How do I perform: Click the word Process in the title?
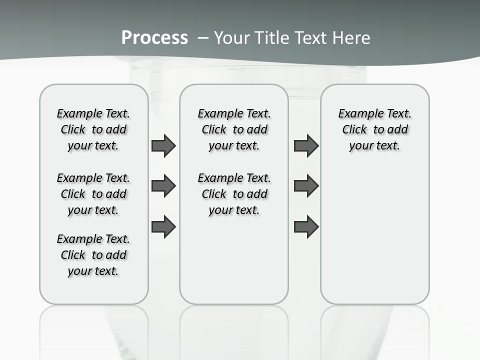[154, 37]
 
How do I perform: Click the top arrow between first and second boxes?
[163, 145]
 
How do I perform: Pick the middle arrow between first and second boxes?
[163, 186]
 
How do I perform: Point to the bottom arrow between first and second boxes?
[163, 227]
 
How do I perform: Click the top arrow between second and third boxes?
[306, 145]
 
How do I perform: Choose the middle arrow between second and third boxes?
[306, 186]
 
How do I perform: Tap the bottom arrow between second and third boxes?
[306, 227]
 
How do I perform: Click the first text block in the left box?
[93, 129]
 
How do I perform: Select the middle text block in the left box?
[93, 194]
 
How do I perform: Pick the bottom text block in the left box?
[93, 255]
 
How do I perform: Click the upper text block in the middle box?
[234, 129]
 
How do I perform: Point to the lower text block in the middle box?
[234, 194]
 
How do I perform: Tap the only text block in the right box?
[375, 129]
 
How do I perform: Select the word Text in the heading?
[311, 37]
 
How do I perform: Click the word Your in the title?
[232, 37]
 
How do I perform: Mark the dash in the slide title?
[203, 37]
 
